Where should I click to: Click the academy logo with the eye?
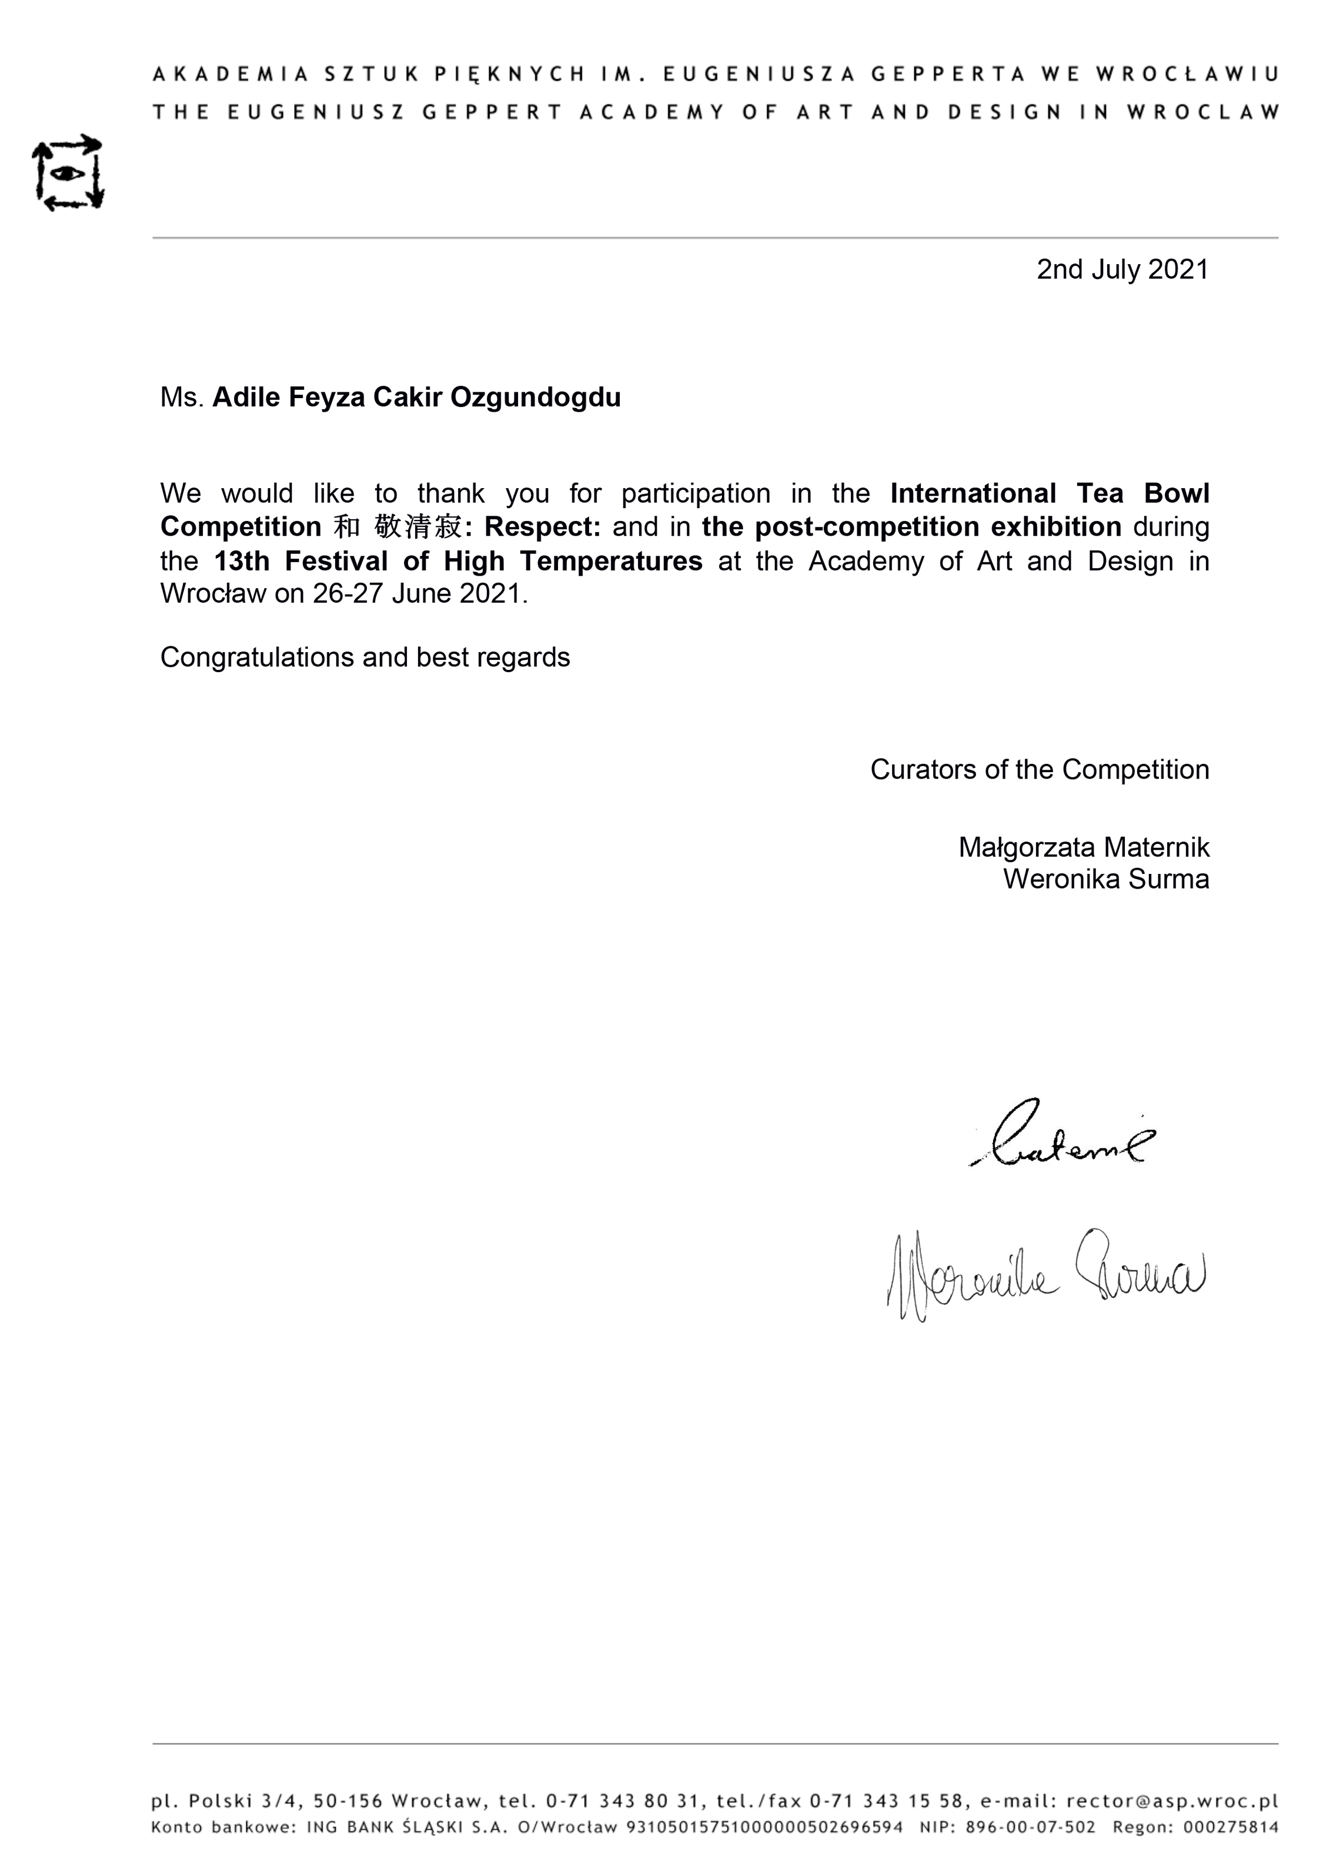click(x=68, y=172)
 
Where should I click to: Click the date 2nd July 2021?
click(x=1122, y=270)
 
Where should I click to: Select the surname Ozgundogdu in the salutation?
click(x=536, y=398)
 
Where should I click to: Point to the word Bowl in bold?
click(x=1176, y=493)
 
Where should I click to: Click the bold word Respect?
click(x=542, y=526)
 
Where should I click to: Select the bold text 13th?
click(x=241, y=561)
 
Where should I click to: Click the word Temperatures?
click(x=610, y=561)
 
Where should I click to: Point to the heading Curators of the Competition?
click(x=1039, y=769)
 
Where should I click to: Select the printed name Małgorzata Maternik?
click(x=1084, y=847)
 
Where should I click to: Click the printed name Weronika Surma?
click(x=1105, y=879)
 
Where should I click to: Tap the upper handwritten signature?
click(x=1064, y=1135)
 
